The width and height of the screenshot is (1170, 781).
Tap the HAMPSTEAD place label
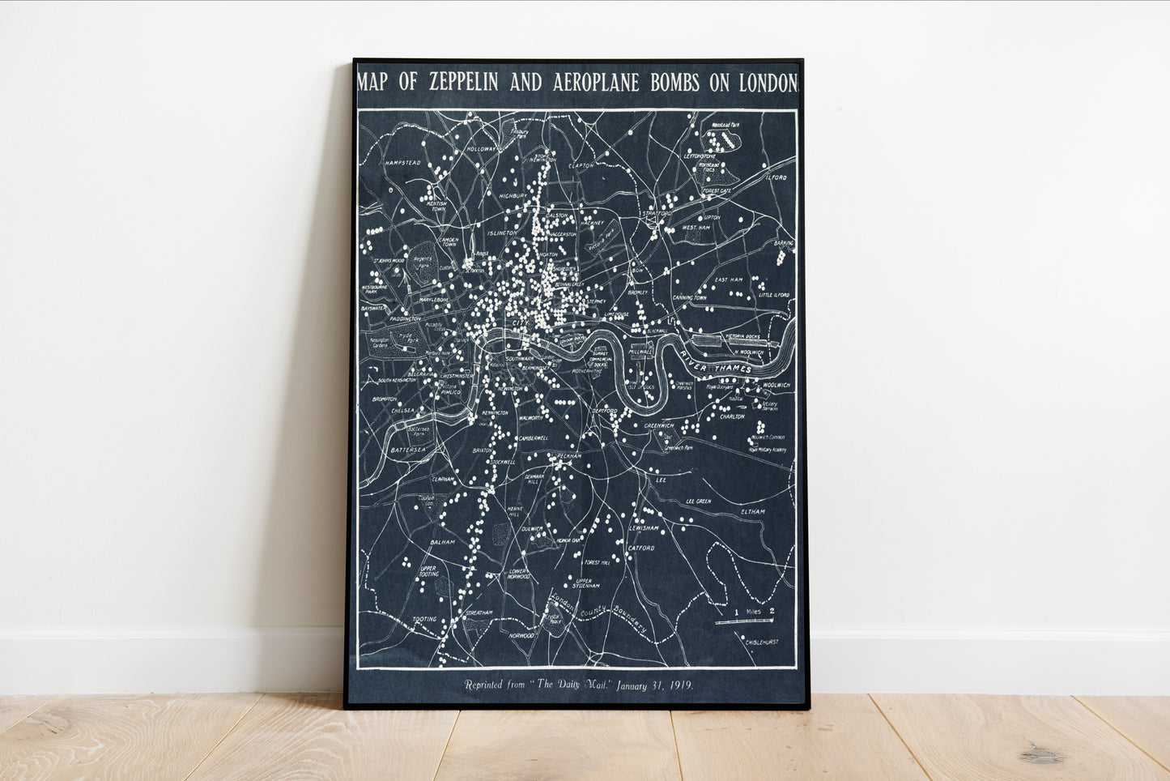[403, 163]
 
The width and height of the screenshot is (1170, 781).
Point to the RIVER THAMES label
[717, 362]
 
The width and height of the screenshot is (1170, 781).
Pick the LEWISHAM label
[646, 528]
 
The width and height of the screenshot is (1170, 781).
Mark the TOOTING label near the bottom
[424, 620]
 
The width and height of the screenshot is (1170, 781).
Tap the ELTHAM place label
[752, 512]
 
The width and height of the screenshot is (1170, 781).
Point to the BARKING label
[784, 242]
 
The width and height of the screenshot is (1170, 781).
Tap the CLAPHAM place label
[443, 479]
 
